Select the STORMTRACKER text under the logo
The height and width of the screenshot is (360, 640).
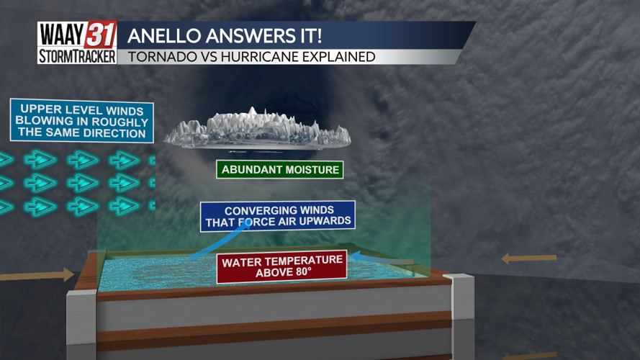coord(76,56)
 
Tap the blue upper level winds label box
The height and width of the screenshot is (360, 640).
coord(82,120)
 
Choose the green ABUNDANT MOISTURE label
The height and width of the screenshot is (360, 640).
coord(280,170)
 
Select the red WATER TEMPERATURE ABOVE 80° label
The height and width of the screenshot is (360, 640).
coord(281,266)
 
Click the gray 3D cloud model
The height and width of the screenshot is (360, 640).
coord(257,130)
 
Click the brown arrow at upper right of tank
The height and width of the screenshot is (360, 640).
coord(529,257)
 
